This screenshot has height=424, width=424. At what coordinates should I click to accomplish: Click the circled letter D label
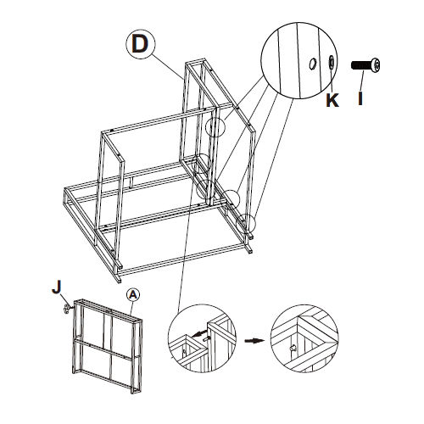[x=141, y=44]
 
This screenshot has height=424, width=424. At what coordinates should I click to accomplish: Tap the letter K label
[x=332, y=100]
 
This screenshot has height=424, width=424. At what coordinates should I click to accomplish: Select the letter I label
[x=360, y=98]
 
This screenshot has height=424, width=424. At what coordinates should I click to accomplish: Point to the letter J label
[x=57, y=287]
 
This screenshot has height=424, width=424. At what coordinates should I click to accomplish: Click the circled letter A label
[x=133, y=295]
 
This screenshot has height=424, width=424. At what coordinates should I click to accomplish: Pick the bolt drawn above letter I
[x=365, y=65]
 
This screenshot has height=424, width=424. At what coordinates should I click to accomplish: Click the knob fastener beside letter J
[x=67, y=309]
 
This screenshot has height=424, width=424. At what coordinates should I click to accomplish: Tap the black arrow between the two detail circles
[x=254, y=341]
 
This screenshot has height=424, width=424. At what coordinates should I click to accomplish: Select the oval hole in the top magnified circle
[x=313, y=64]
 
